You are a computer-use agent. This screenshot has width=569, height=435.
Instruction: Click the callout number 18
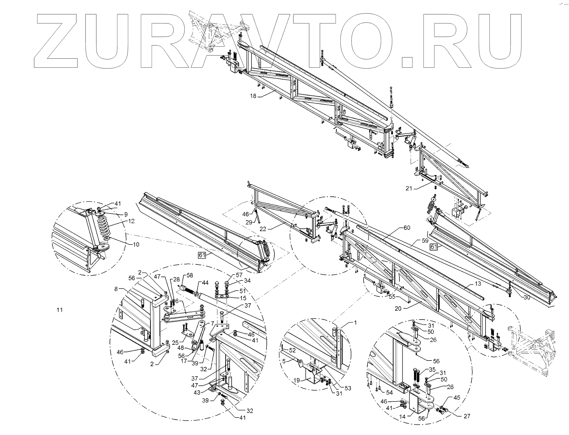click(253, 96)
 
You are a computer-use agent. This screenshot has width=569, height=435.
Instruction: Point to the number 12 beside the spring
click(132, 221)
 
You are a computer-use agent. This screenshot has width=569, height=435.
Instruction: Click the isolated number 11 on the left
click(60, 310)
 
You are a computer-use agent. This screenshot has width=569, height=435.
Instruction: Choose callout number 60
click(407, 228)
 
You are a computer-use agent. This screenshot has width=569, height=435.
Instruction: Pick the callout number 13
click(478, 284)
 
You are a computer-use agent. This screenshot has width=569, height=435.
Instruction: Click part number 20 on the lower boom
click(398, 308)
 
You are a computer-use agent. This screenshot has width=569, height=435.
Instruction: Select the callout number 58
click(190, 275)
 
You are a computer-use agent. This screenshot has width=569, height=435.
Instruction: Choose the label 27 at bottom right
click(467, 416)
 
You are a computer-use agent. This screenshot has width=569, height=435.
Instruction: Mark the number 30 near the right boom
click(527, 298)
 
